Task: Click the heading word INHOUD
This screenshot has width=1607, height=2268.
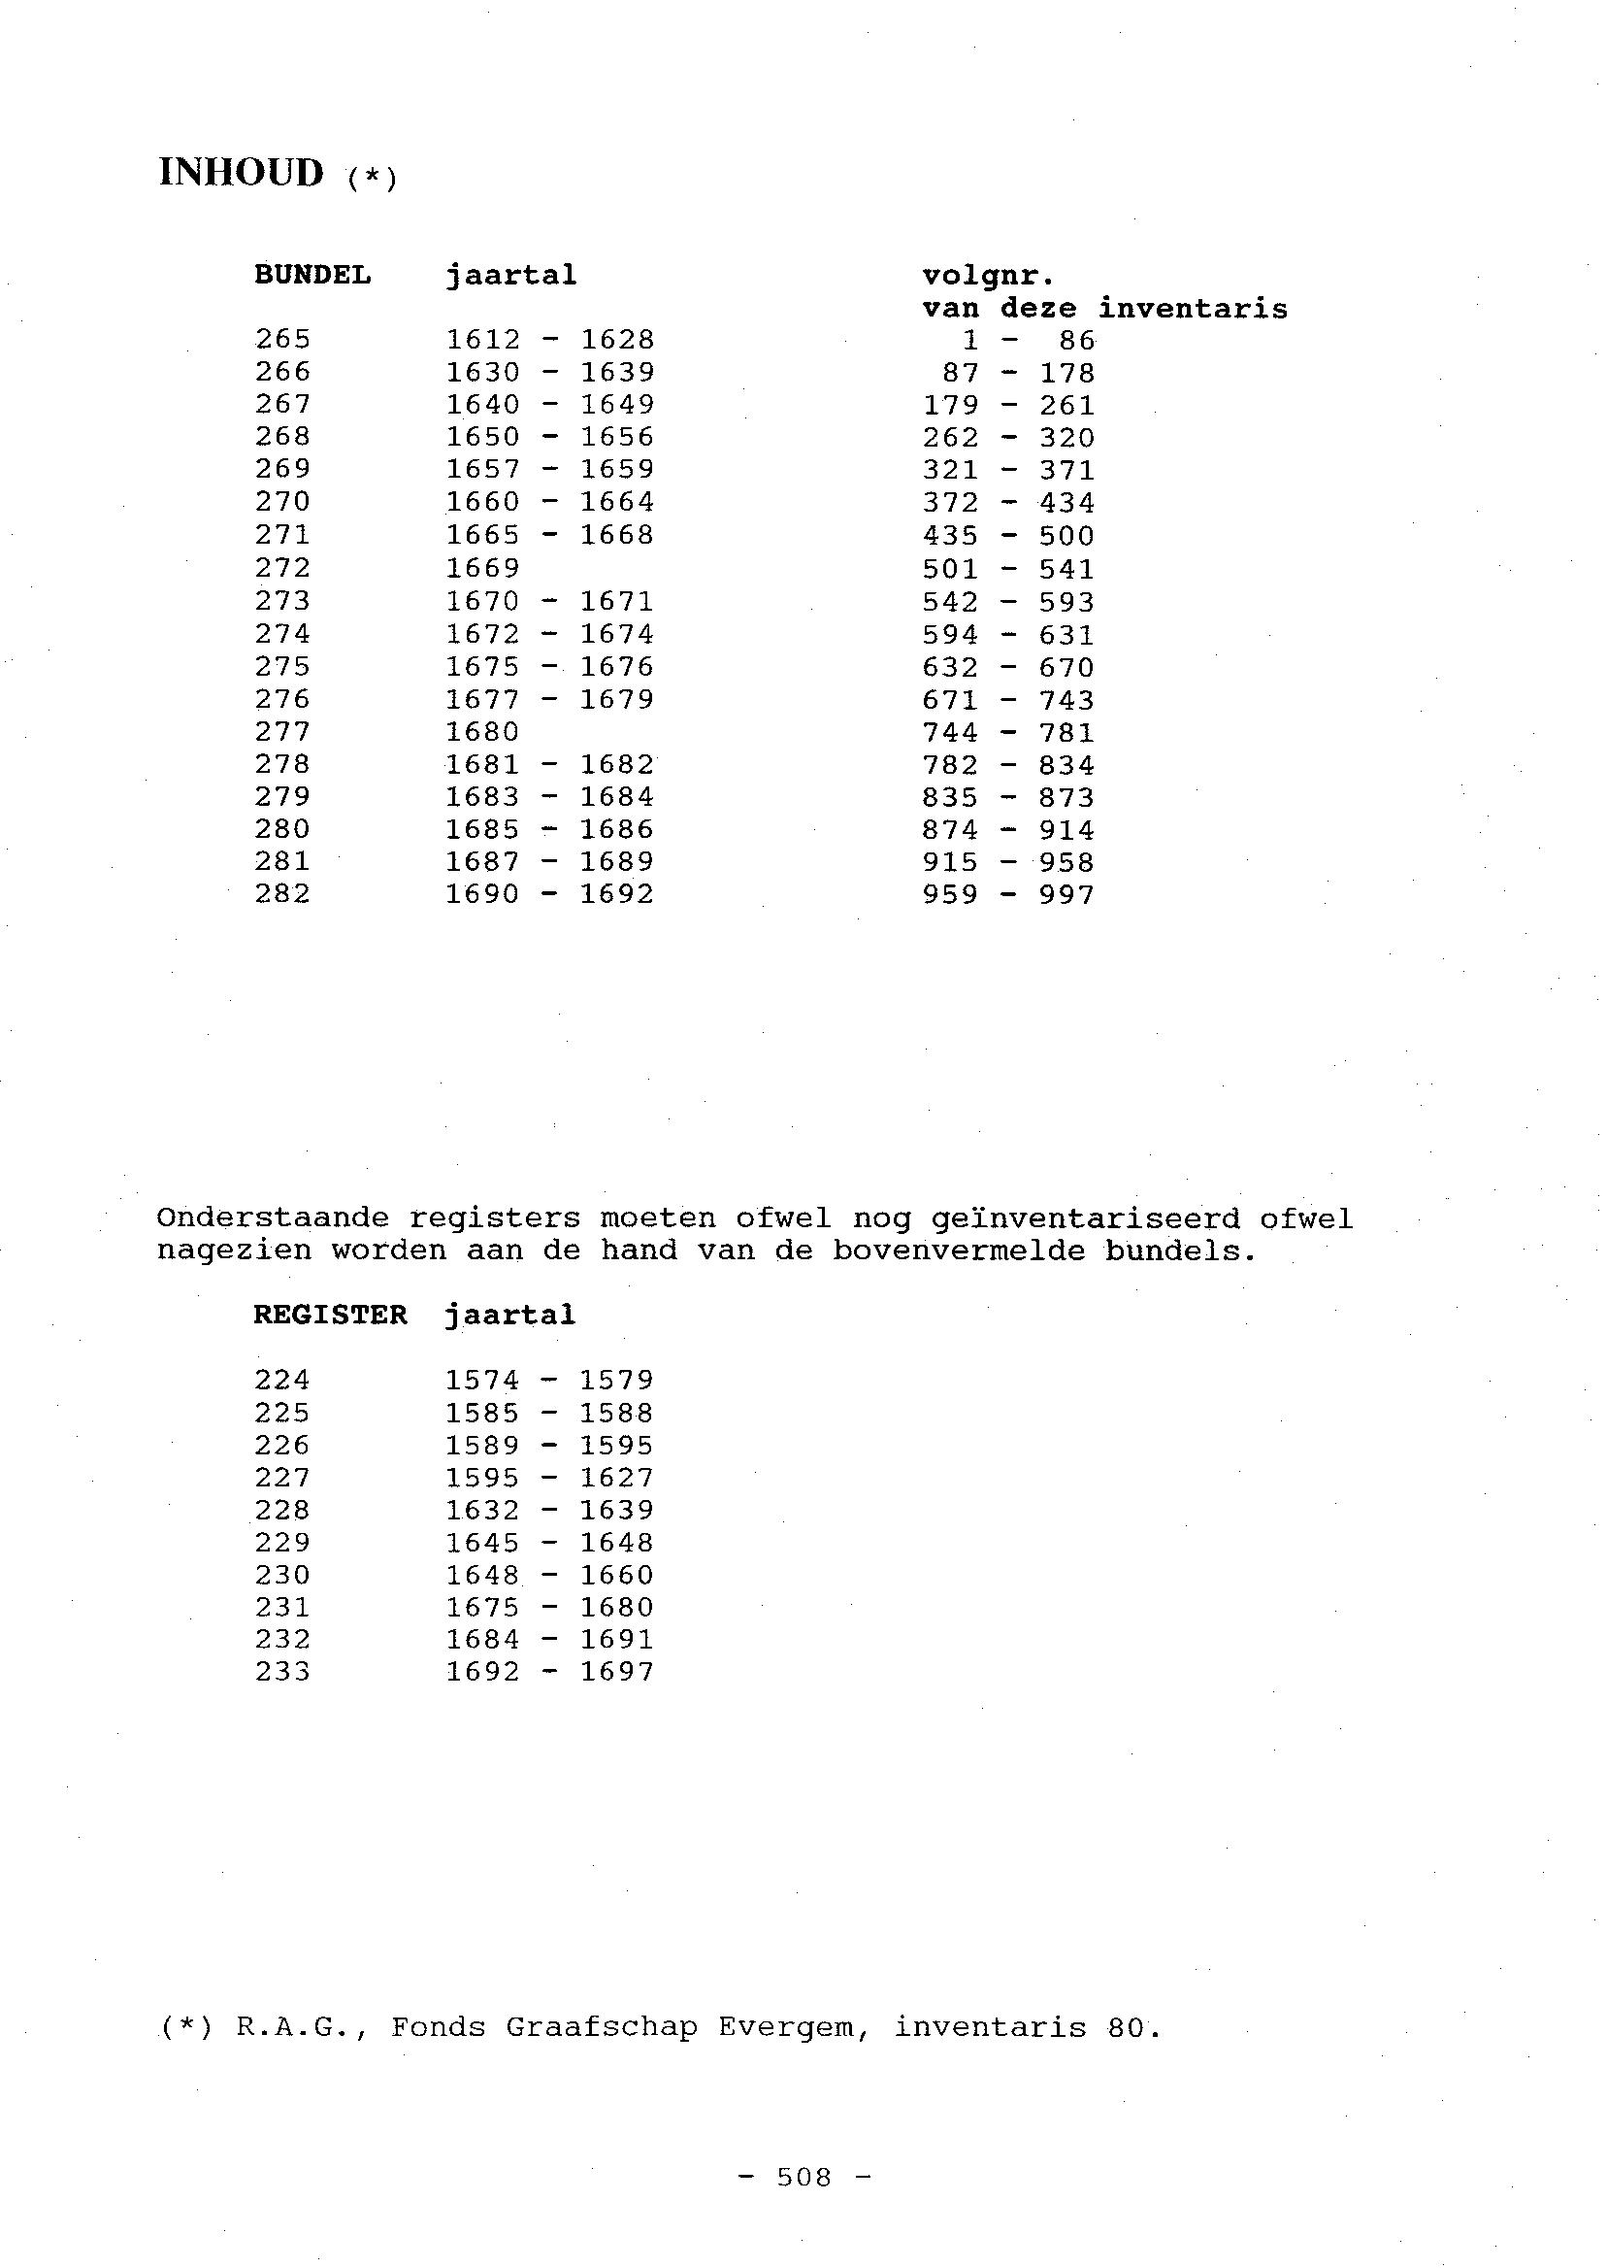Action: point(241,172)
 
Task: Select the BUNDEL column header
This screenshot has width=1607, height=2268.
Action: point(312,274)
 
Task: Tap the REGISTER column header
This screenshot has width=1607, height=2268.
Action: point(330,1315)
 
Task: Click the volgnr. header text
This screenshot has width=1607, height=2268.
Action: point(988,275)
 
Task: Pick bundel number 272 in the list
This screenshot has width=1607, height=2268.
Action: point(282,568)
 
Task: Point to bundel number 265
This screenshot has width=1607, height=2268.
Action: point(282,340)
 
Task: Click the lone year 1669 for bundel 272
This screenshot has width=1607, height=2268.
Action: point(482,568)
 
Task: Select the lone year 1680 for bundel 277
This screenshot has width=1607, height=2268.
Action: point(482,733)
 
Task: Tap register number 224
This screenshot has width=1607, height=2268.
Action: point(282,1380)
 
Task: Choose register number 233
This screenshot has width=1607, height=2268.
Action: point(282,1672)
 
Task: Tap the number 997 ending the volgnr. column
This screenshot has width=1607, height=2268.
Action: point(1066,895)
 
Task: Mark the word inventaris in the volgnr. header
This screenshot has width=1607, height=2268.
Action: point(1193,309)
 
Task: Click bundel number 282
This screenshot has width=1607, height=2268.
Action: point(282,894)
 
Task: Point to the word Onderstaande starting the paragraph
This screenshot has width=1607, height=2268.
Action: point(272,1218)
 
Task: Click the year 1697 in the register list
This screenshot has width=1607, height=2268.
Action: point(616,1672)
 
